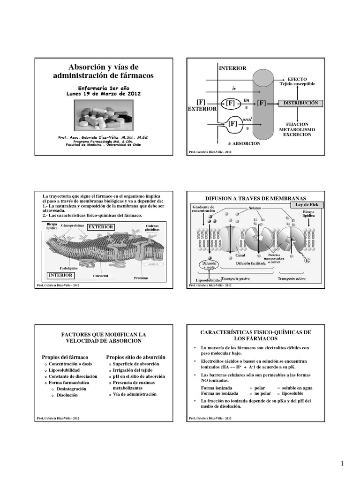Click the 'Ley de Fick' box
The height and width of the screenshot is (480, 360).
[x=307, y=205]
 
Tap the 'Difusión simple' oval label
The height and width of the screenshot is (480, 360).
[x=210, y=265]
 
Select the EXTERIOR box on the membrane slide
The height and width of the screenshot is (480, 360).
[x=101, y=227]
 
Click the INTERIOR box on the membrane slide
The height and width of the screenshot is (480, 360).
[x=60, y=275]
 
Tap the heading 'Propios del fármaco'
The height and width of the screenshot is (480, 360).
[x=62, y=357]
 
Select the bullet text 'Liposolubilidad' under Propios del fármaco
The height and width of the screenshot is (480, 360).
[x=67, y=370]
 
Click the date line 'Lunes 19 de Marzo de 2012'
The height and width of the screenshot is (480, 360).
[x=103, y=93]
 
